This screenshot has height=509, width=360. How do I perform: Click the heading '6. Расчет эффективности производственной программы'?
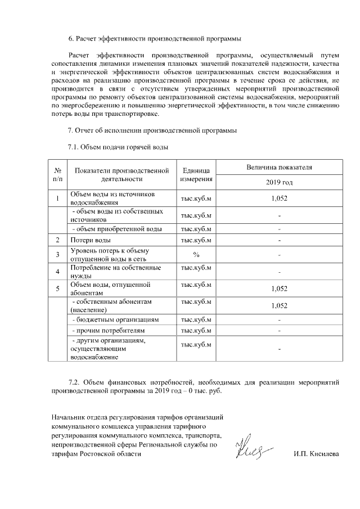click(155, 39)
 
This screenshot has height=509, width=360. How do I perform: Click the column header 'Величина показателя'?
click(279, 168)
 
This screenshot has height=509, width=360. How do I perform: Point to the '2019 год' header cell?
click(279, 183)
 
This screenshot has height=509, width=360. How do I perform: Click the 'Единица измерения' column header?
click(196, 175)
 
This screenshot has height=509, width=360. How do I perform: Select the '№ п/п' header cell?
click(58, 175)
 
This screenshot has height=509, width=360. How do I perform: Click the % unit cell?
click(196, 255)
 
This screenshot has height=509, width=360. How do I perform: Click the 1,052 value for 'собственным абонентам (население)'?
click(279, 305)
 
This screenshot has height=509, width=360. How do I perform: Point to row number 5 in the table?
click(58, 289)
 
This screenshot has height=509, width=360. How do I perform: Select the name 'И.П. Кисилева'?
click(316, 454)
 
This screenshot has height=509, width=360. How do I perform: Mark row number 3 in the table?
click(58, 255)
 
